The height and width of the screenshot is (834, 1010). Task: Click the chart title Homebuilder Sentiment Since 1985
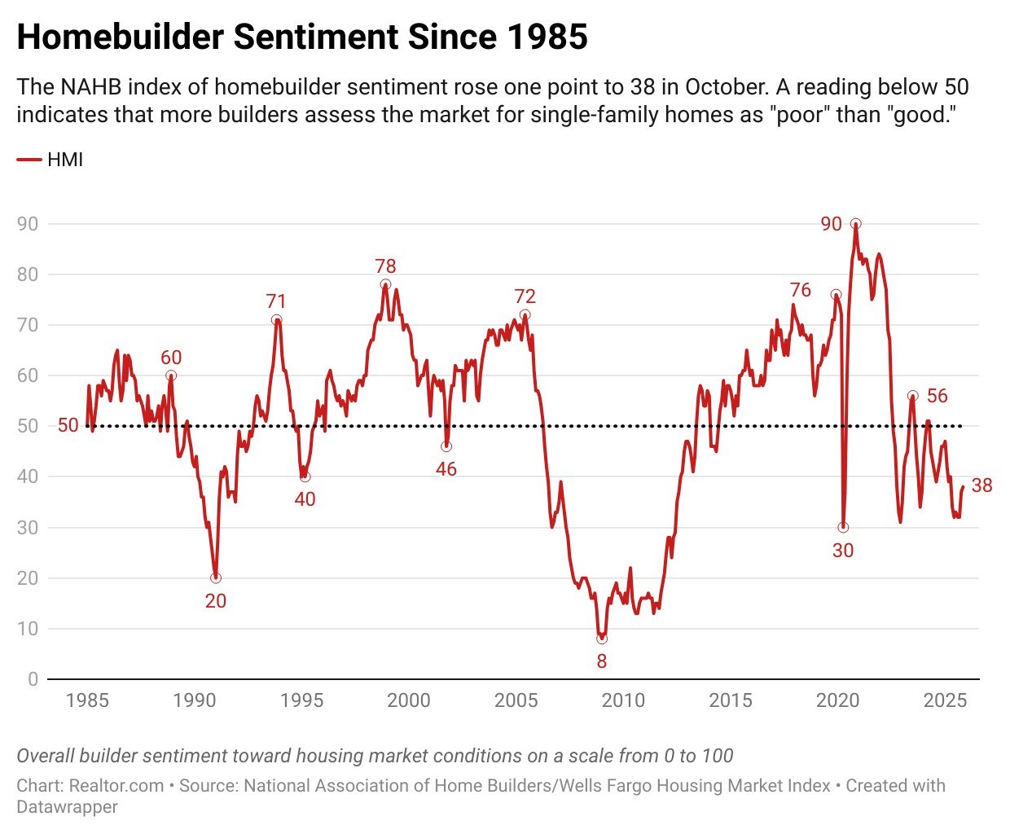pos(301,37)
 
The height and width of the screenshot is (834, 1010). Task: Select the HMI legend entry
pos(50,160)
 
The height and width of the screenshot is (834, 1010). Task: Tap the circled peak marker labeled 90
pos(855,224)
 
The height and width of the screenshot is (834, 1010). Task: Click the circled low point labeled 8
pos(602,639)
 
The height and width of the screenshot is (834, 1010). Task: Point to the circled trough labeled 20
pos(216,578)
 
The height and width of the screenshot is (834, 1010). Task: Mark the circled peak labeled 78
pos(385,285)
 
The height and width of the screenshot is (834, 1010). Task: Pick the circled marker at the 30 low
pos(843,528)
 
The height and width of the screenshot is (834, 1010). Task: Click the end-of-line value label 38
pos(981,486)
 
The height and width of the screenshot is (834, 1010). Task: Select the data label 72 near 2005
pos(525,296)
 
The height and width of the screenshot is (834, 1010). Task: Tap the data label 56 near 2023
pos(938,396)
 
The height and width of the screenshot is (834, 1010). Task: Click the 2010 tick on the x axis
pos(623,700)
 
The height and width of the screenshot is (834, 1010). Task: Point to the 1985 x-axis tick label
pos(87,700)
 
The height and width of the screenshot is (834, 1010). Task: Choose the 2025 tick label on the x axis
pos(945,700)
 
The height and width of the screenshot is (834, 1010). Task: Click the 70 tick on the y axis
pos(28,325)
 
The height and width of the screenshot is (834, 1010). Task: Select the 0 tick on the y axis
pos(33,679)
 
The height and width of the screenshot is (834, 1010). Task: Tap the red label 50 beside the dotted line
pos(68,426)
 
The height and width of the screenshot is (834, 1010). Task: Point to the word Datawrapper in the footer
pos(67,807)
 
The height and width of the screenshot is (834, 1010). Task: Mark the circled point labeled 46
pos(446,446)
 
